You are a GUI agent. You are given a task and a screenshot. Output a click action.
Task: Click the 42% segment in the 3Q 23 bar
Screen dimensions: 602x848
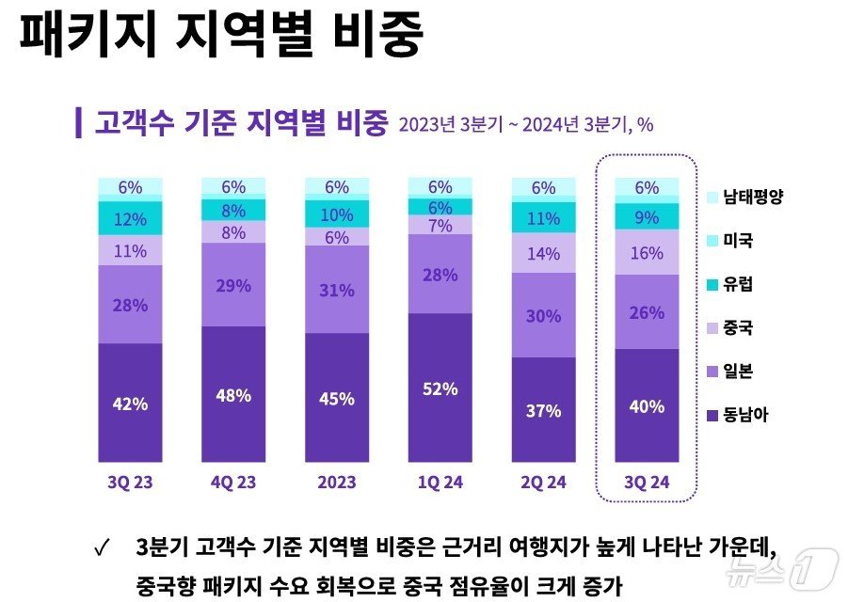[x=130, y=404]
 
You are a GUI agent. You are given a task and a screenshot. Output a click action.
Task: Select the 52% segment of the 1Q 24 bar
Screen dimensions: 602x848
[x=440, y=388]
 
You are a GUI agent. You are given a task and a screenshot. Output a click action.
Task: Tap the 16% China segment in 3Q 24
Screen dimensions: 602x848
[x=647, y=254]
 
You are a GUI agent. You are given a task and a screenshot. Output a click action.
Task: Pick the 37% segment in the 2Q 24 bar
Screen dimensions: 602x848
[x=543, y=411]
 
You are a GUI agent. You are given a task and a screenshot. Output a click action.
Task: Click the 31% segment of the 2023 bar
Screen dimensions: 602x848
[x=336, y=291]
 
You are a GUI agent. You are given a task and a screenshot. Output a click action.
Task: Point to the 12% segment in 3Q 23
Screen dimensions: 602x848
[x=130, y=219]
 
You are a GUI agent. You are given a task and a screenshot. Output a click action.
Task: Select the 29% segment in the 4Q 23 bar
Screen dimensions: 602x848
[x=233, y=284]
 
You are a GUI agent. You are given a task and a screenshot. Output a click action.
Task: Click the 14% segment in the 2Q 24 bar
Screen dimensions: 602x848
[x=543, y=253]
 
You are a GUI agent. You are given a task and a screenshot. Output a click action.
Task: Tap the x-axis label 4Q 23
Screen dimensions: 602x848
[x=233, y=482]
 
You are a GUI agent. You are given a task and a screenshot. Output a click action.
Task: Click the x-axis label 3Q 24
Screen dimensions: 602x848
[x=647, y=482]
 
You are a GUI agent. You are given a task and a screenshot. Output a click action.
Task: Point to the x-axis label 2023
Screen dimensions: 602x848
[x=336, y=482]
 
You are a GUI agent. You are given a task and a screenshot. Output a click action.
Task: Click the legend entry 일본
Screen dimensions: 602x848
[x=738, y=372]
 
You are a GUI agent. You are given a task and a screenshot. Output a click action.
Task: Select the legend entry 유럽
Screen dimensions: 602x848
[x=738, y=284]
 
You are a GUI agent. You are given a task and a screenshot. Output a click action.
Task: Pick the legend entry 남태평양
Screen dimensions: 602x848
[x=753, y=198]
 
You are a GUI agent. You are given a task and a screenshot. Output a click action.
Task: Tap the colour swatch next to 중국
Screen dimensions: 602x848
[x=712, y=328]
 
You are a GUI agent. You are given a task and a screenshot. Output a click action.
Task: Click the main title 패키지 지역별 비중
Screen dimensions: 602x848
[x=221, y=35]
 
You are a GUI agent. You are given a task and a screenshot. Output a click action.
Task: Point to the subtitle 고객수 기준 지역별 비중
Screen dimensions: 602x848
[x=241, y=123]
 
